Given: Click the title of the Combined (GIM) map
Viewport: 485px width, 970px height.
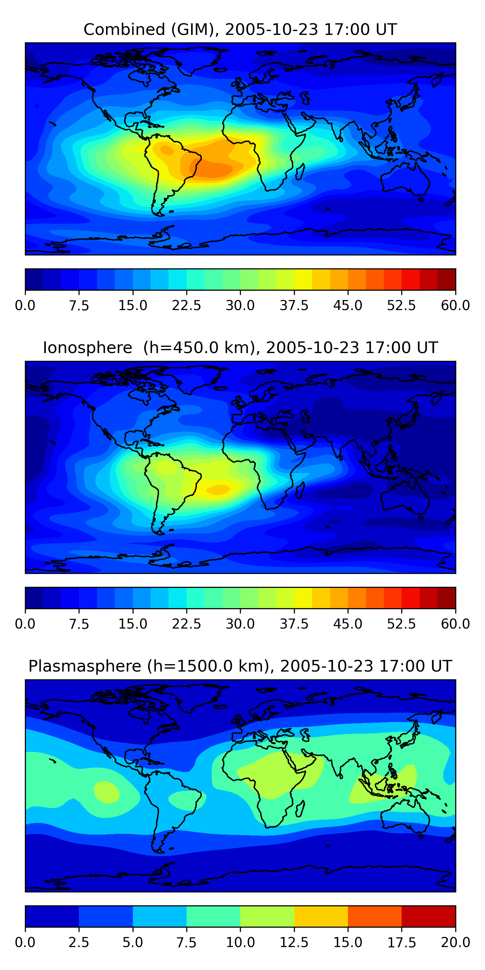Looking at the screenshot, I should coord(240,29).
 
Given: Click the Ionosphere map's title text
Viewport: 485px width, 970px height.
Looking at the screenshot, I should coord(240,348).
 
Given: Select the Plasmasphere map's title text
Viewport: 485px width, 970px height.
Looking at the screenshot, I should coord(240,666).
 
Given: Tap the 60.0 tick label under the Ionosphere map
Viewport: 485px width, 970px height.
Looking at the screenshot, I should coord(455,624).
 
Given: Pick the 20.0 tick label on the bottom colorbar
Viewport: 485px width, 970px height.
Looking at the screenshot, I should coord(455,943).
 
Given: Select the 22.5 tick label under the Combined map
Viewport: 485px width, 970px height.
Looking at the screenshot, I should coord(186,305).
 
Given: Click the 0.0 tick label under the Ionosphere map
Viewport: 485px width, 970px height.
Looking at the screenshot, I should coord(25,624).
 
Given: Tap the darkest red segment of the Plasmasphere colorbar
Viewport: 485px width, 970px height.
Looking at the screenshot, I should coord(428,916).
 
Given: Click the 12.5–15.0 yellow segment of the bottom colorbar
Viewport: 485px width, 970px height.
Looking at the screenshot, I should coord(321,916).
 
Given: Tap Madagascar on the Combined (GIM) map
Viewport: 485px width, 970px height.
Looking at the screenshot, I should coord(300,171).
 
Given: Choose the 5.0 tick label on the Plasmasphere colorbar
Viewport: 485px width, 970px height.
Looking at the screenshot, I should coord(133,943).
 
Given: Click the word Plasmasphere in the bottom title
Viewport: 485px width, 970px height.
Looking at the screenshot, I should coord(85,666).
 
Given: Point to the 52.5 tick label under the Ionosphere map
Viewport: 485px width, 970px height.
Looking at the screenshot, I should coord(401,624).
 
